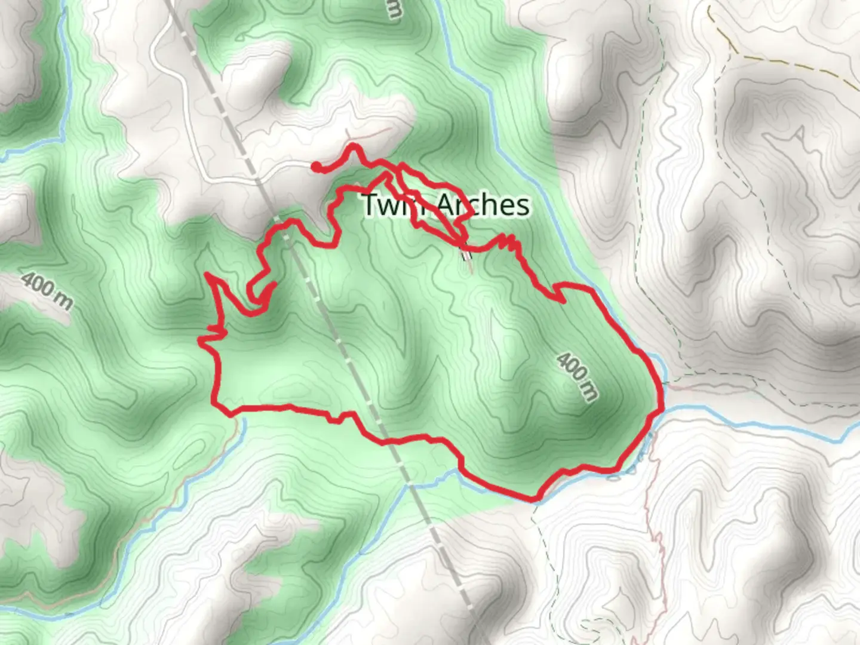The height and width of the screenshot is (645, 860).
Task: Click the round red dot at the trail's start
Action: (315, 167)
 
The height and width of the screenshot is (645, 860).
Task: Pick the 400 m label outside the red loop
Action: (47, 291)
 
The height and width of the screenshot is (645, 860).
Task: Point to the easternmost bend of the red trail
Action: (662, 394)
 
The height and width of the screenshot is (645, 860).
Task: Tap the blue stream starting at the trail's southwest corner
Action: (197, 478)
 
